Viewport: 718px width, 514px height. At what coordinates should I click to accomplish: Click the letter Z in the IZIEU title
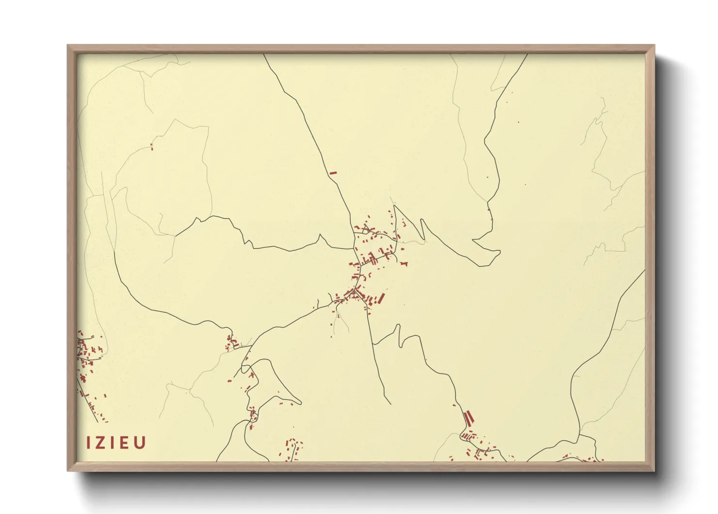[x=100, y=443]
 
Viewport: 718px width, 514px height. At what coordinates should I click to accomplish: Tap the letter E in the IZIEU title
[x=126, y=443]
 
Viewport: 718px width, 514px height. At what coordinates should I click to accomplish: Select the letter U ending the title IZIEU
[x=140, y=443]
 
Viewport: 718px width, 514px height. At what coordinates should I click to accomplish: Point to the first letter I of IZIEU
[x=89, y=443]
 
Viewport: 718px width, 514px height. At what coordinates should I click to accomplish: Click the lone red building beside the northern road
[x=333, y=172]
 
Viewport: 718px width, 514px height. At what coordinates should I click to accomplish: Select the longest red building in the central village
[x=381, y=298]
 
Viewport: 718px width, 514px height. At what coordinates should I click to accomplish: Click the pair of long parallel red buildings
[x=469, y=417]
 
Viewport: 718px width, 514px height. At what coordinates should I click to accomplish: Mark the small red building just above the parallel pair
[x=455, y=405]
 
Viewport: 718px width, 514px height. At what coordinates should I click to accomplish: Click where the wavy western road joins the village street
[x=354, y=248]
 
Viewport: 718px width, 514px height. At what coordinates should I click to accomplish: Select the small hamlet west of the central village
[x=230, y=343]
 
